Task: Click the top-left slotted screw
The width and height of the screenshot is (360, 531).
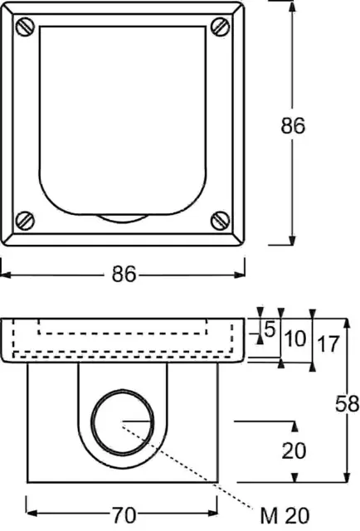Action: click(25, 27)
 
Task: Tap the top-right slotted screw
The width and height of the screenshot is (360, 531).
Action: click(221, 27)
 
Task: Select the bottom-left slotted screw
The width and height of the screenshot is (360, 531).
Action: click(25, 221)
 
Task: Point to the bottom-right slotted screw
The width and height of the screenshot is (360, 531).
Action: click(221, 221)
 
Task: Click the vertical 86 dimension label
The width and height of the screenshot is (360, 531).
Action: click(293, 125)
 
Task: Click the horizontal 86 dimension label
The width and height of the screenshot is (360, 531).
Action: click(124, 274)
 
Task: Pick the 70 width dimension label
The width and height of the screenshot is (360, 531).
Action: click(124, 515)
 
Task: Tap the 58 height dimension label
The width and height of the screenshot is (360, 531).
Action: click(347, 404)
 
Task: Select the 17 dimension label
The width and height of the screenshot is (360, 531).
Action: click(328, 344)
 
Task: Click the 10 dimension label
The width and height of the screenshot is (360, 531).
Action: click(295, 339)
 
